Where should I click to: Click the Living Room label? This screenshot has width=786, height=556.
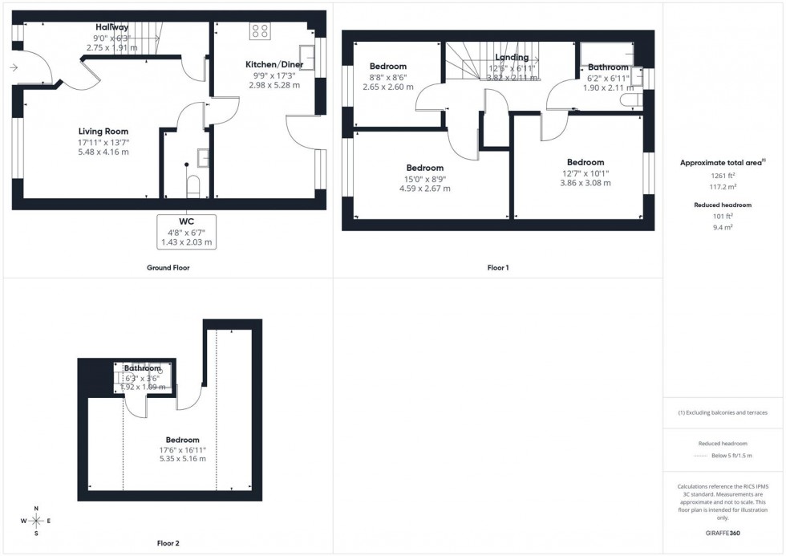pyautogui.click(x=103, y=132)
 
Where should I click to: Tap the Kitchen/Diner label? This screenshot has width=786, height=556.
pyautogui.click(x=273, y=63)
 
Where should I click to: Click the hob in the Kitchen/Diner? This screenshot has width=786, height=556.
pyautogui.click(x=261, y=31)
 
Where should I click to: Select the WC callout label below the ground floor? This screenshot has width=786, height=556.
pyautogui.click(x=187, y=220)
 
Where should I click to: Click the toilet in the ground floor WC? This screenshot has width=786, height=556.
pyautogui.click(x=192, y=186)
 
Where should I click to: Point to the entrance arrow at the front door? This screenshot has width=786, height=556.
pyautogui.click(x=14, y=68)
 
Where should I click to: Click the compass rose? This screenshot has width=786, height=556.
pyautogui.click(x=37, y=521)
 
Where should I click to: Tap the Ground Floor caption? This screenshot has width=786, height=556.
pyautogui.click(x=170, y=268)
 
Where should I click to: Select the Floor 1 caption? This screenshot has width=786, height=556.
pyautogui.click(x=497, y=268)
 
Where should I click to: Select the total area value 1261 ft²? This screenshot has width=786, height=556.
pyautogui.click(x=723, y=174)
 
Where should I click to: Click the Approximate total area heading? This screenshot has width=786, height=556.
pyautogui.click(x=723, y=162)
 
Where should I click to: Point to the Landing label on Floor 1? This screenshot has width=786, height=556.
pyautogui.click(x=512, y=58)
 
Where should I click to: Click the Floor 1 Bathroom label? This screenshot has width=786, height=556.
pyautogui.click(x=608, y=67)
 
